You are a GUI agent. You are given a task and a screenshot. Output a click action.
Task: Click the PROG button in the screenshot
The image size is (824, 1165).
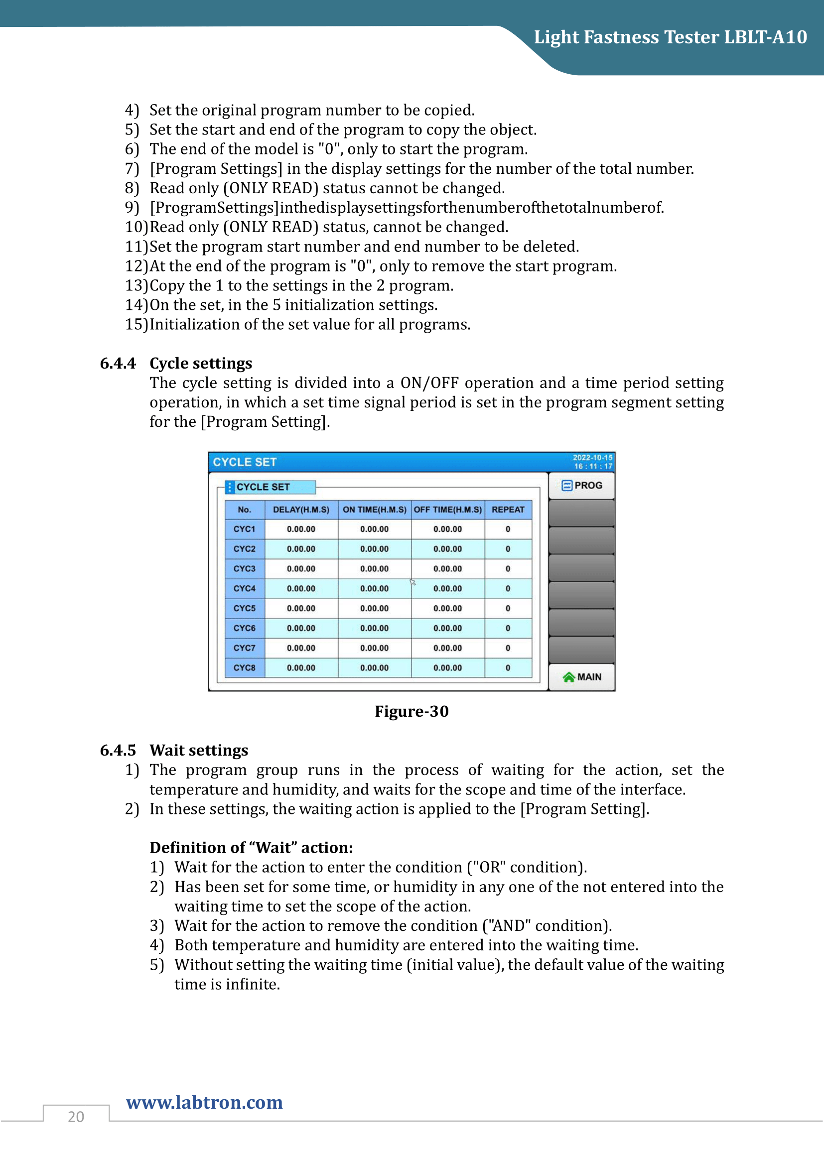[581, 486]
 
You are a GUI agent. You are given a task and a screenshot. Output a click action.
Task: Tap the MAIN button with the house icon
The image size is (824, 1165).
[581, 677]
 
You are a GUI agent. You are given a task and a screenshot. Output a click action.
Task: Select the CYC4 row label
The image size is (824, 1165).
[245, 589]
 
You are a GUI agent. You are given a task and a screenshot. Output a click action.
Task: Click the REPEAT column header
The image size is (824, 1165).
[508, 510]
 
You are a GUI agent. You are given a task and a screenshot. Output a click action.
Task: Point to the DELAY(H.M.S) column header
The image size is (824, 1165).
[301, 510]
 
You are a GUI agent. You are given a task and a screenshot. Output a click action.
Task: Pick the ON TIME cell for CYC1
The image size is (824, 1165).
[375, 529]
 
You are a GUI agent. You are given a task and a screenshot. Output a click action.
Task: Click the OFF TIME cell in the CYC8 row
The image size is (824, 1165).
[447, 668]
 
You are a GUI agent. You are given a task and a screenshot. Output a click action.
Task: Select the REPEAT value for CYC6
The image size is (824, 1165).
[508, 628]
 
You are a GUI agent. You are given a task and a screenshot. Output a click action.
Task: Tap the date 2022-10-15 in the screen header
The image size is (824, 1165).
[592, 457]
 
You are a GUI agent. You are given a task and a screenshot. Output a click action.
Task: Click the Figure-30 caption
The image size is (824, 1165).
[412, 711]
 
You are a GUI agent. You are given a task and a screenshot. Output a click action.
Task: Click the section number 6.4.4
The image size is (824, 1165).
[118, 363]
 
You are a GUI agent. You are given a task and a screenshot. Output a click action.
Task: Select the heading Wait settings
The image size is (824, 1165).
[199, 751]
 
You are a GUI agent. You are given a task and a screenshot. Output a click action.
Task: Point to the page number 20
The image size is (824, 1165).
[76, 1117]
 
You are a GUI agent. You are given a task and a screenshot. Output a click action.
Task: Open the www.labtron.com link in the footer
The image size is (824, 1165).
[204, 1103]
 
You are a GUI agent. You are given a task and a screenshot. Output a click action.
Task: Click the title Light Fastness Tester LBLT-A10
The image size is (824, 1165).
[670, 37]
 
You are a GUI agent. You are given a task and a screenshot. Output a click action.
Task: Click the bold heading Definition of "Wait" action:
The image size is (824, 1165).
[251, 848]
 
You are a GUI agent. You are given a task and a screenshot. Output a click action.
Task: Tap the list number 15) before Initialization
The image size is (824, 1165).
[136, 324]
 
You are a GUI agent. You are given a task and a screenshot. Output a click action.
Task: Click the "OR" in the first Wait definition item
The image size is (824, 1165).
[489, 867]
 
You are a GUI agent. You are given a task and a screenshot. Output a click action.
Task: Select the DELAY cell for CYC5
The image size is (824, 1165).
[301, 608]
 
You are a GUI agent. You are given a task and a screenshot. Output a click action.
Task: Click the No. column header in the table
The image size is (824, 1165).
[245, 510]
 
